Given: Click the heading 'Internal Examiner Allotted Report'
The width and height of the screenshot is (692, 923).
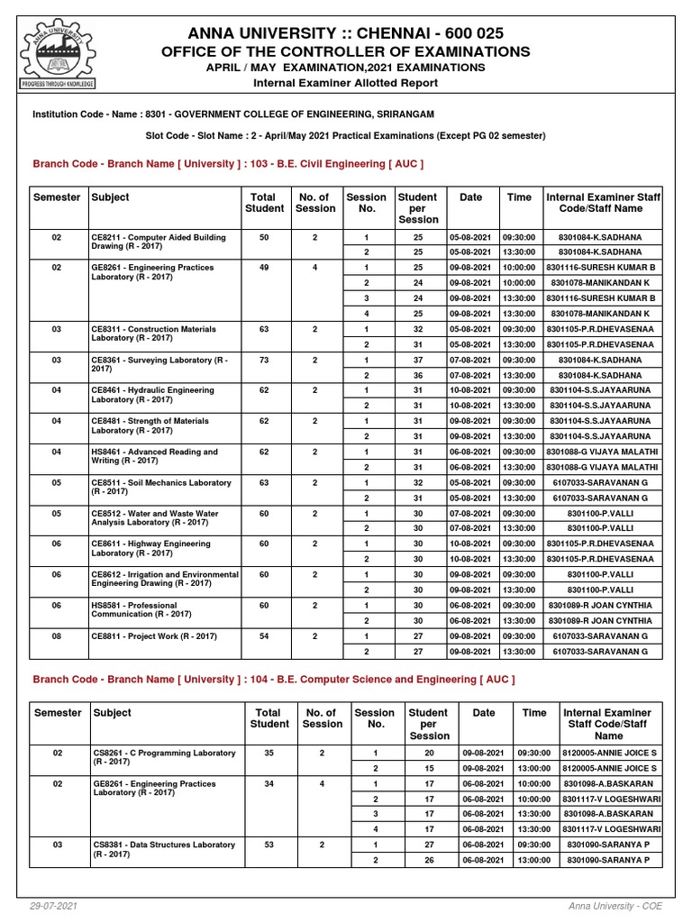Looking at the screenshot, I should tap(345, 83).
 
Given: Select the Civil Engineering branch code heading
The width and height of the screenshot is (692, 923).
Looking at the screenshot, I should tap(228, 164).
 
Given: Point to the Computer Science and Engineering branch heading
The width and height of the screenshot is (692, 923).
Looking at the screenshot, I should tap(274, 680).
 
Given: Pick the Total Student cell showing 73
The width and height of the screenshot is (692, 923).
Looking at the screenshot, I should tap(264, 361).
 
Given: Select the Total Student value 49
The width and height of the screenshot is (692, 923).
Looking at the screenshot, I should tap(264, 268).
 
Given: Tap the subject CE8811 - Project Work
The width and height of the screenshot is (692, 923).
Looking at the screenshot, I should tap(154, 636).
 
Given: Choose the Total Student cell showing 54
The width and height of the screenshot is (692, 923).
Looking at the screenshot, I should tap(264, 636).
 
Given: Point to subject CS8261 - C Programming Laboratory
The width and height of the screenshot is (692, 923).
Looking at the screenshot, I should tap(163, 757).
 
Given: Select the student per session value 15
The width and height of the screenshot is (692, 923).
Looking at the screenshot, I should tap(429, 768).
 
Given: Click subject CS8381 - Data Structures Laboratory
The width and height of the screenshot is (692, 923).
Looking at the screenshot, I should tap(163, 849).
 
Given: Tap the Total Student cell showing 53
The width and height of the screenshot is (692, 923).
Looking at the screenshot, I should tap(269, 845).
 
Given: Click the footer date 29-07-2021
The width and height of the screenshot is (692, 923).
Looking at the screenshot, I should tap(53, 905).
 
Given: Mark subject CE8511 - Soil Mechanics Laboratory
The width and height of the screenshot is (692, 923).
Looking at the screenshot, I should tap(160, 488).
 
